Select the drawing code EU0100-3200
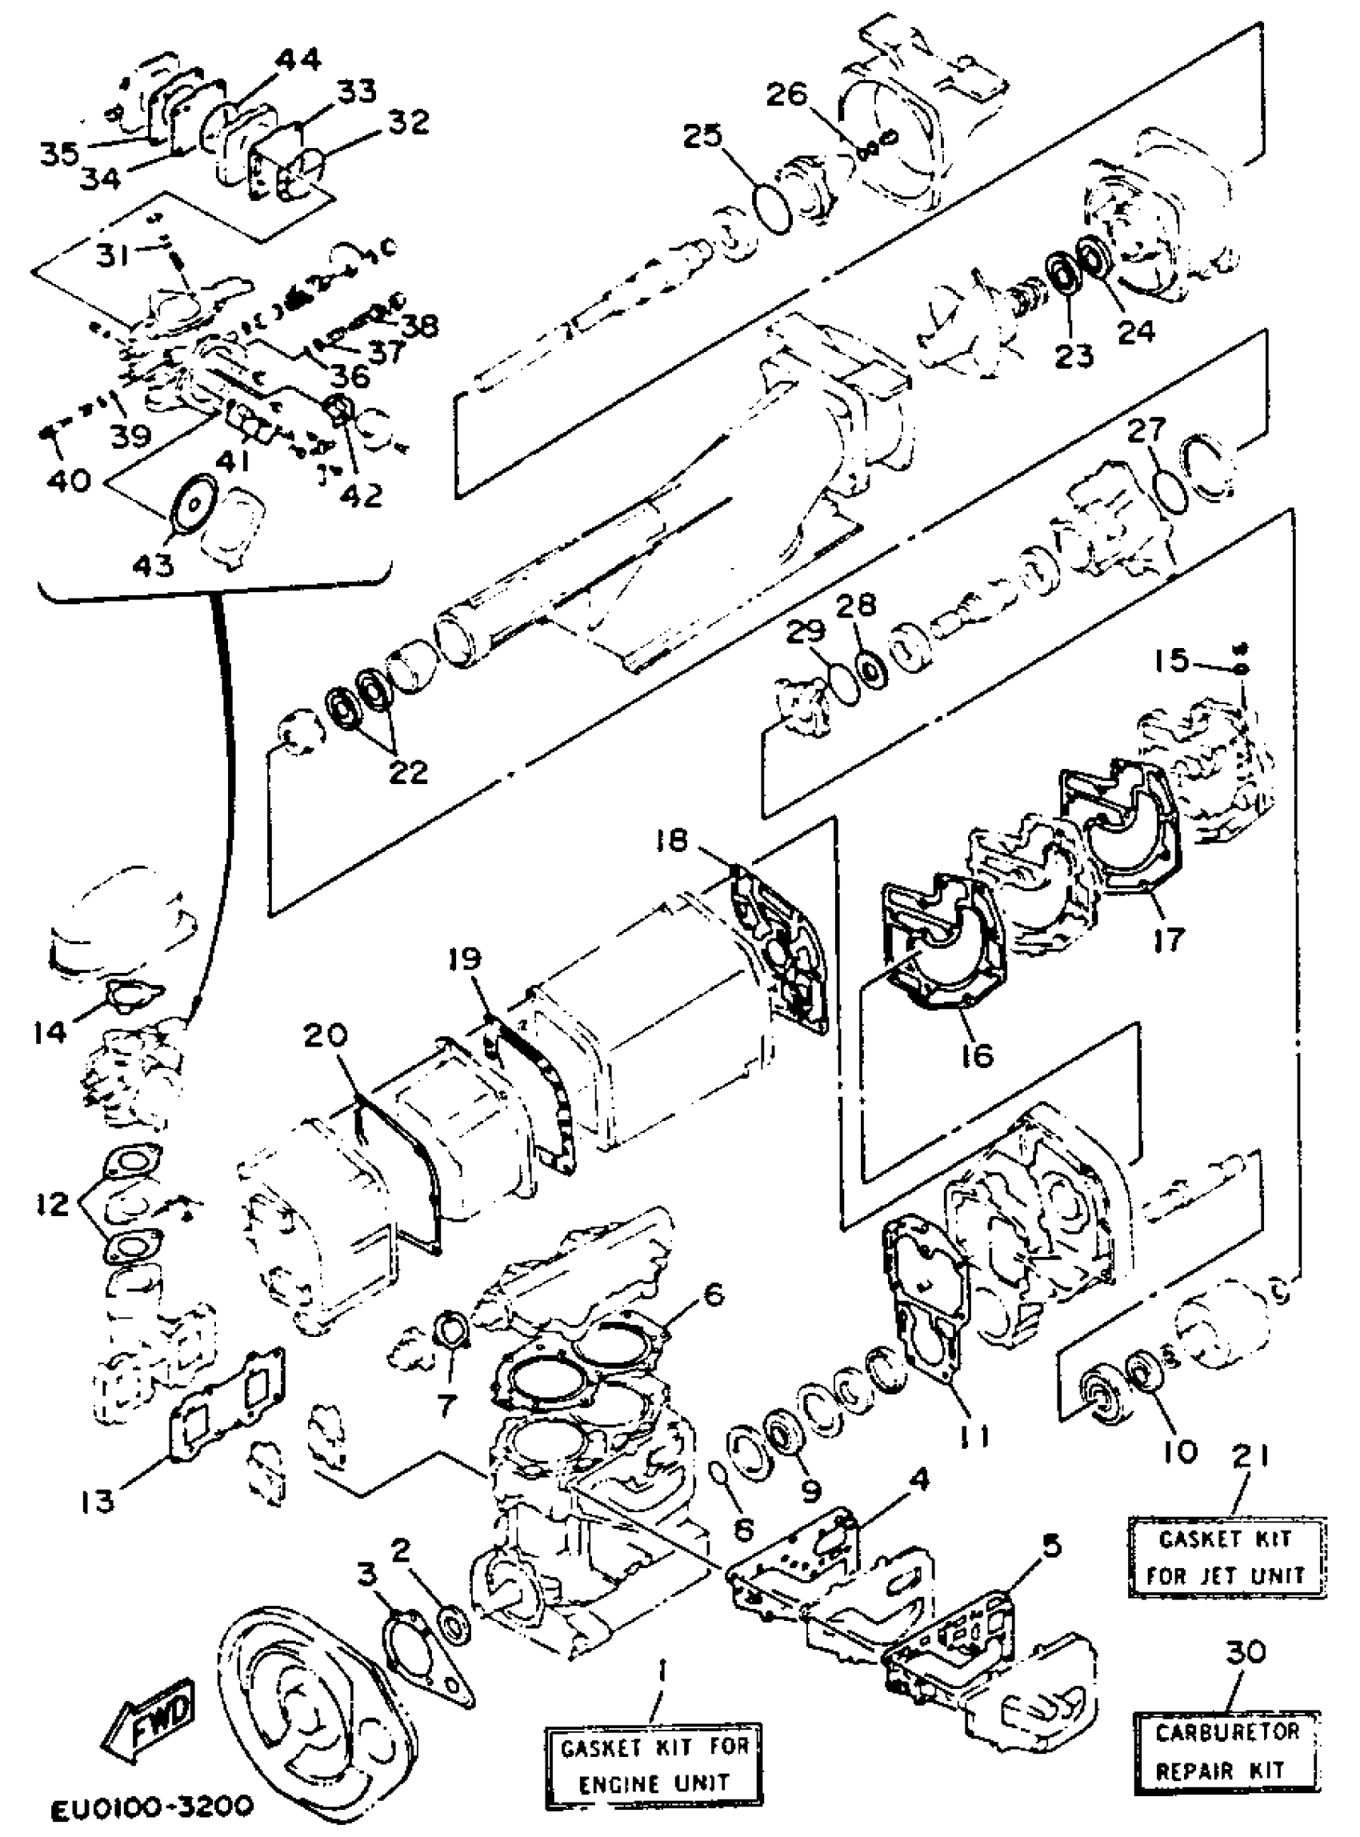pos(150,1807)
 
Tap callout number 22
pos(408,771)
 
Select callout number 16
pos(977,1054)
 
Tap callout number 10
pos(1182,1450)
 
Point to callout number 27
pos(1146,429)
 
